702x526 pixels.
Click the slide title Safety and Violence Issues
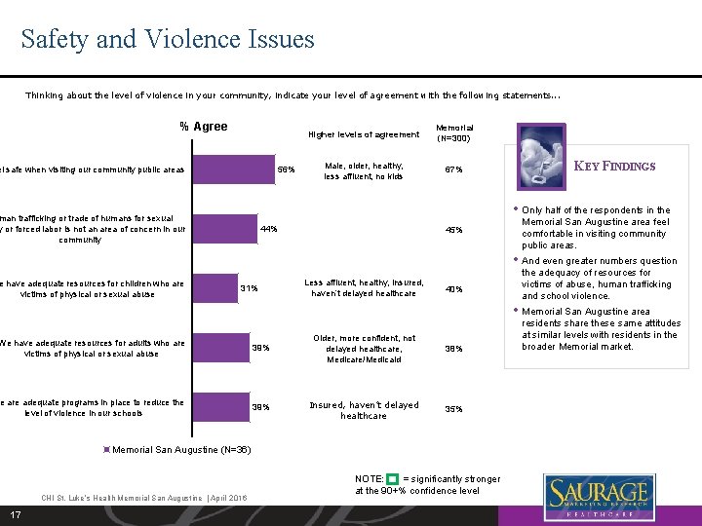click(x=168, y=39)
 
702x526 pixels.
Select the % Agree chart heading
click(x=204, y=127)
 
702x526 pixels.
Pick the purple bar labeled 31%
click(x=117, y=288)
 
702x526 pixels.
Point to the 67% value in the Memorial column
click(x=453, y=170)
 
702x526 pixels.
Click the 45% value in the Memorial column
click(x=453, y=230)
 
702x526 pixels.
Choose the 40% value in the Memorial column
click(x=453, y=289)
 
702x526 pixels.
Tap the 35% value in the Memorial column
click(x=453, y=410)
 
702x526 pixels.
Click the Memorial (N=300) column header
click(x=454, y=132)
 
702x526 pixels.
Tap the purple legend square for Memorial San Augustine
click(x=107, y=449)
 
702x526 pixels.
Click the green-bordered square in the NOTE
click(x=392, y=479)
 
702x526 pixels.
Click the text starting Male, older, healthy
click(x=364, y=170)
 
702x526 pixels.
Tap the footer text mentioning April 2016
click(x=143, y=498)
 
